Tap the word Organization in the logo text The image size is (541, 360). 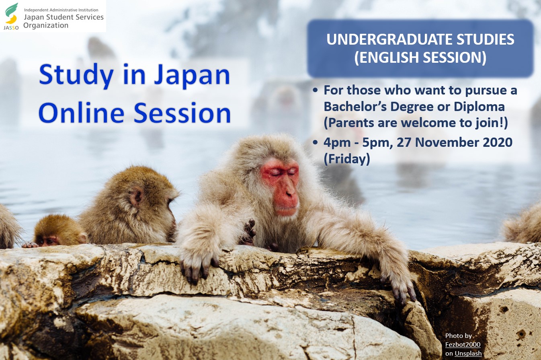coord(46,25)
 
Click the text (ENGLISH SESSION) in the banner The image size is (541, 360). coord(420,57)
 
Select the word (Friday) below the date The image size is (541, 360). coord(346,159)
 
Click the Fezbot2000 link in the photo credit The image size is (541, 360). coord(463,345)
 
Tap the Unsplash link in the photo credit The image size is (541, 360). coord(468,354)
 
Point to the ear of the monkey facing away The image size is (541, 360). coord(136,196)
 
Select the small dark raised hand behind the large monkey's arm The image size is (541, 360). coord(249,231)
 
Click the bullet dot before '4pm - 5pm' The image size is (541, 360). coord(315,142)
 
